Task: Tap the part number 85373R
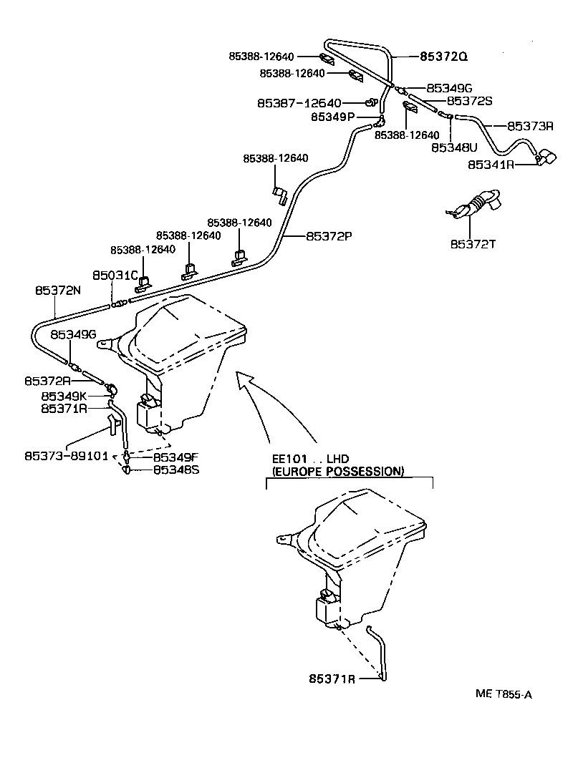point(530,126)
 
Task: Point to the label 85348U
point(453,147)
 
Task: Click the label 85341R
point(491,164)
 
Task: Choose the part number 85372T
point(473,244)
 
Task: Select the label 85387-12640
point(299,103)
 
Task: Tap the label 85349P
point(332,116)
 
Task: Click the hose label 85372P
point(329,235)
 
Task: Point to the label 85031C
point(115,275)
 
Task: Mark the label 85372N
point(59,290)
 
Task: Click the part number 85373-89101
point(65,455)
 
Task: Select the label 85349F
point(177,457)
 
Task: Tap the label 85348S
point(177,470)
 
